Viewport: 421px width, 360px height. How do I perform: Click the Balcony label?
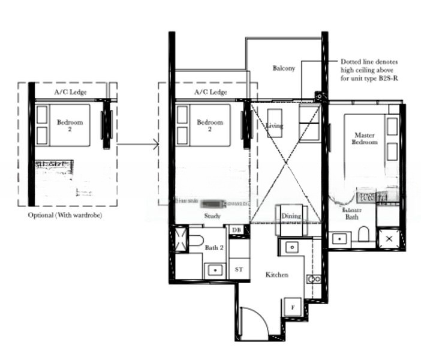[x=283, y=68]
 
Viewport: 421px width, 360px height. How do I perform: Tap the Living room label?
[x=275, y=126]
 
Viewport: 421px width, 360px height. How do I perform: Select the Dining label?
[x=291, y=216]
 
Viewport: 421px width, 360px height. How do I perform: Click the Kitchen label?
[x=277, y=275]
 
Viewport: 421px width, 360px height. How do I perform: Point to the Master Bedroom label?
[x=365, y=139]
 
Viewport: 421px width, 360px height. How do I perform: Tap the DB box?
[x=236, y=230]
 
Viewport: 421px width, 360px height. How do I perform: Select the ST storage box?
[x=239, y=269]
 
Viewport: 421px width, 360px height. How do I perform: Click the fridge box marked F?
[x=292, y=307]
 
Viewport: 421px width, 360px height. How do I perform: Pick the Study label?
[x=212, y=216]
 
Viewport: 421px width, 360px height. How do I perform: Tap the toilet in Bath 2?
[x=196, y=241]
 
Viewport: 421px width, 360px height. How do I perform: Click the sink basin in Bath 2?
[x=213, y=270]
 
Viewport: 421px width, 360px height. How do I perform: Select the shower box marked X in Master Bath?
[x=389, y=238]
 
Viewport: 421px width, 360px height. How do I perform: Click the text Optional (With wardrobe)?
[x=65, y=215]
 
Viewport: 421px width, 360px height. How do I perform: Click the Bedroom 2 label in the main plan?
[x=210, y=125]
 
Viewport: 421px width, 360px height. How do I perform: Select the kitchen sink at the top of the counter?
[x=291, y=247]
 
